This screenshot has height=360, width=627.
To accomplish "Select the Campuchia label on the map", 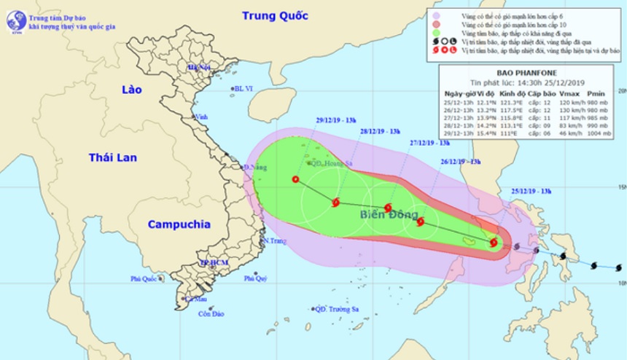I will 179,224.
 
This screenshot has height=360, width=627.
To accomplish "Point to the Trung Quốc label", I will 275,15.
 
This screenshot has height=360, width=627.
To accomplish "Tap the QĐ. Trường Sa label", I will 339,309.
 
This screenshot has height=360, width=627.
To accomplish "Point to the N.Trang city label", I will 274,241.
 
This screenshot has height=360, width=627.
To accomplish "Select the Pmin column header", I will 596,93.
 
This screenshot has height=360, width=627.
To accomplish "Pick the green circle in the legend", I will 435,33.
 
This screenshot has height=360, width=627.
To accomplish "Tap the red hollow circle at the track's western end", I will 295,179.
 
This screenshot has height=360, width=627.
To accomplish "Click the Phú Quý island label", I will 255,278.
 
